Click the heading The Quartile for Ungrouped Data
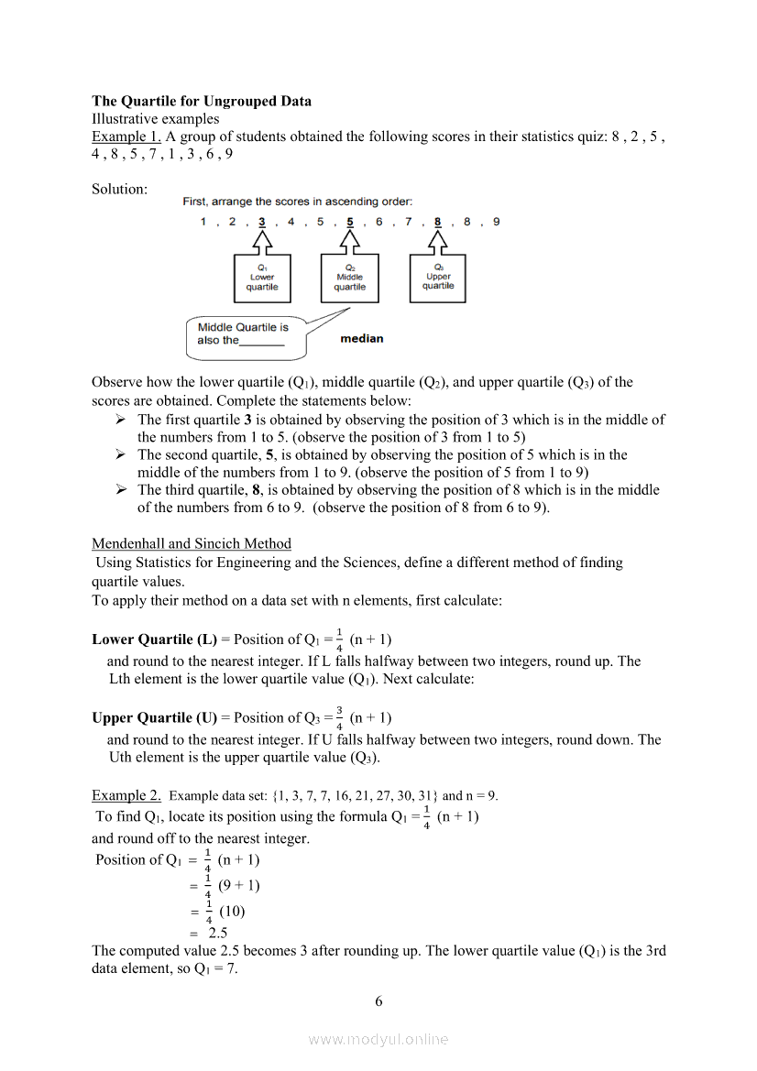tap(201, 101)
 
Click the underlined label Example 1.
tap(126, 137)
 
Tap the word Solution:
tap(119, 189)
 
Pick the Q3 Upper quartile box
tap(438, 277)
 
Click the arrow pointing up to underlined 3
tap(262, 242)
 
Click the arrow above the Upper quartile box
tap(438, 242)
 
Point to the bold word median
tap(362, 339)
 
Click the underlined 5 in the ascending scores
tap(350, 222)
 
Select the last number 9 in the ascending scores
tap(497, 222)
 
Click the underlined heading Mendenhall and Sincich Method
tap(192, 543)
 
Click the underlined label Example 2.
tap(126, 795)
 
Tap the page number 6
tap(378, 1001)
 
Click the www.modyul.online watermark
tap(378, 1039)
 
